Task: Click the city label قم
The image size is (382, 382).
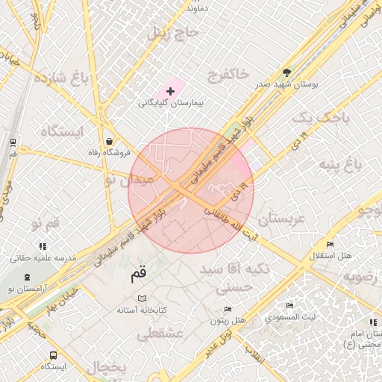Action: [139, 274]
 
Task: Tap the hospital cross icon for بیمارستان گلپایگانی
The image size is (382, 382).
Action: [172, 91]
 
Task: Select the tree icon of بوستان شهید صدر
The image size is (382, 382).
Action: [288, 72]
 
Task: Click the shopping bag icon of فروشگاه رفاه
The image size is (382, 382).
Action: [110, 140]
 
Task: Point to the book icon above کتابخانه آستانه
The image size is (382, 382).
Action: [143, 298]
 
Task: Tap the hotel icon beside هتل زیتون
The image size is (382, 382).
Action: [228, 309]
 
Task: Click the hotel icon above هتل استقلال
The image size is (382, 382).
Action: [330, 245]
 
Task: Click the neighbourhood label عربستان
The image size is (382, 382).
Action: [281, 219]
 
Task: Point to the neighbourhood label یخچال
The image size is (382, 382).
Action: [106, 367]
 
